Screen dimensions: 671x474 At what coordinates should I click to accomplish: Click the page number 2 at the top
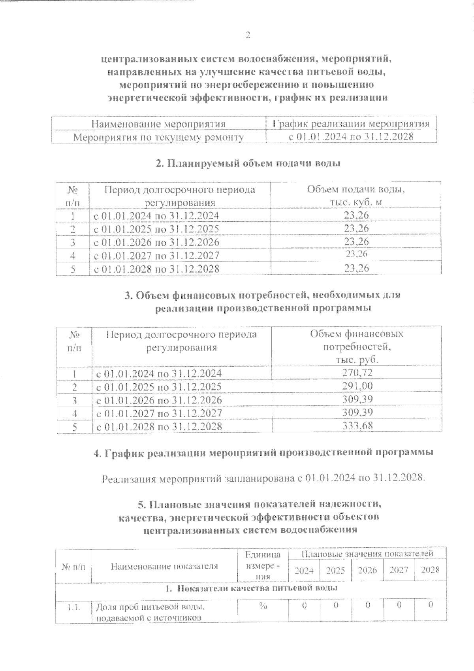[248, 36]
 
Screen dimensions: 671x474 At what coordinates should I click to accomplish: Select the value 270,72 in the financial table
[357, 373]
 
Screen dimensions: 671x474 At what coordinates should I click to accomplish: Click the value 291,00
[357, 386]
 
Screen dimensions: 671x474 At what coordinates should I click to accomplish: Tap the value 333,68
[357, 426]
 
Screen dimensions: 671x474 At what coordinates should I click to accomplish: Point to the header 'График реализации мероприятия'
[351, 124]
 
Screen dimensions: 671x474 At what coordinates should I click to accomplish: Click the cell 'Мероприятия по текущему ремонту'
[159, 137]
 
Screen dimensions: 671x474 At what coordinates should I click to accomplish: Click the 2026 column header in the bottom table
[367, 570]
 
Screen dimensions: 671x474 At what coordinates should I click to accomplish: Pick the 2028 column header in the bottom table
[430, 570]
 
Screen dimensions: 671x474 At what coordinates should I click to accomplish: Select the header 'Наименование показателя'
[164, 566]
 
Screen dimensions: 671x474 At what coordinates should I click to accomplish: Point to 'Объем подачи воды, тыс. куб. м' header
[356, 196]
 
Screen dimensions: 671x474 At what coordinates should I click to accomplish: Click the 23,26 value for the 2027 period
[356, 254]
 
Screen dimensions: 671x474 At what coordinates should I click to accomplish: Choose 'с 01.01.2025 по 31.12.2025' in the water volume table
[156, 229]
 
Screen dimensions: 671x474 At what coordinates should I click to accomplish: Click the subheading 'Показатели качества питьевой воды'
[251, 588]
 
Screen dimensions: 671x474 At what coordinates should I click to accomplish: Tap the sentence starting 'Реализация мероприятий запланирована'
[263, 479]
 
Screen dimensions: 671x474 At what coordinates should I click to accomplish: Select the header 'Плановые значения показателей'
[367, 553]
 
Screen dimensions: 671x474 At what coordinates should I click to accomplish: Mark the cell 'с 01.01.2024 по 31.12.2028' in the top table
[351, 137]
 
